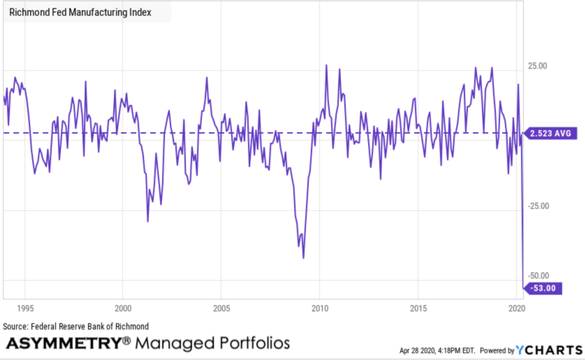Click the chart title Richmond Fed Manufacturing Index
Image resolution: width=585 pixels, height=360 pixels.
point(81,12)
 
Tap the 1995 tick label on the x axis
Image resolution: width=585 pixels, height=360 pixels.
point(25,309)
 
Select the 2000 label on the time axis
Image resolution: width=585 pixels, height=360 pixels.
point(123,309)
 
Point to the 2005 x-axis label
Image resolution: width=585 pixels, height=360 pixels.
point(221,309)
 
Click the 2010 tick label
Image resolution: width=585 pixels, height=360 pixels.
point(320,309)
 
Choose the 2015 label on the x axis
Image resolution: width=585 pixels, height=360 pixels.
point(419,309)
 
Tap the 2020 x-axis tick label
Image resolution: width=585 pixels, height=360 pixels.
point(516,309)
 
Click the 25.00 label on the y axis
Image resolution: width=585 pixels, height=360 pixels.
point(537,66)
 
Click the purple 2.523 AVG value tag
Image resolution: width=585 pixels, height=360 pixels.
point(551,134)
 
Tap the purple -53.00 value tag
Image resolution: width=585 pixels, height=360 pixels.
point(543,289)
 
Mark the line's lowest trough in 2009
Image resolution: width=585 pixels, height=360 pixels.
point(303,258)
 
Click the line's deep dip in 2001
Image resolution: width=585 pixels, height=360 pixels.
point(148,221)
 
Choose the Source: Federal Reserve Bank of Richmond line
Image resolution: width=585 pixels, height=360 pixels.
point(76,326)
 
